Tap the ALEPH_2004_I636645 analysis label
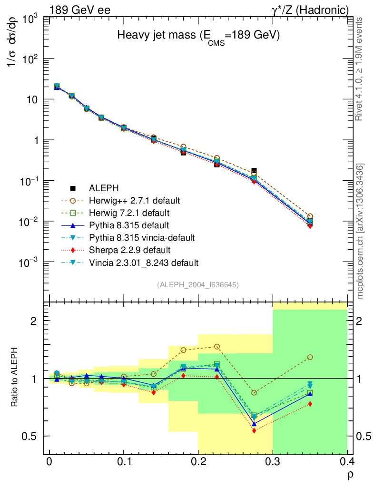click(x=197, y=284)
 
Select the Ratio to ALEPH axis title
click(x=15, y=378)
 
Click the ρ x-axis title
click(x=349, y=474)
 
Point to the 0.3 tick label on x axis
click(x=272, y=462)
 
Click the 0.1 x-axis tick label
click(x=123, y=462)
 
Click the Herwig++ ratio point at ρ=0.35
click(x=310, y=357)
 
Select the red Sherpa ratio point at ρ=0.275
click(x=254, y=431)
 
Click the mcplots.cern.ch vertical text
click(x=360, y=231)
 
